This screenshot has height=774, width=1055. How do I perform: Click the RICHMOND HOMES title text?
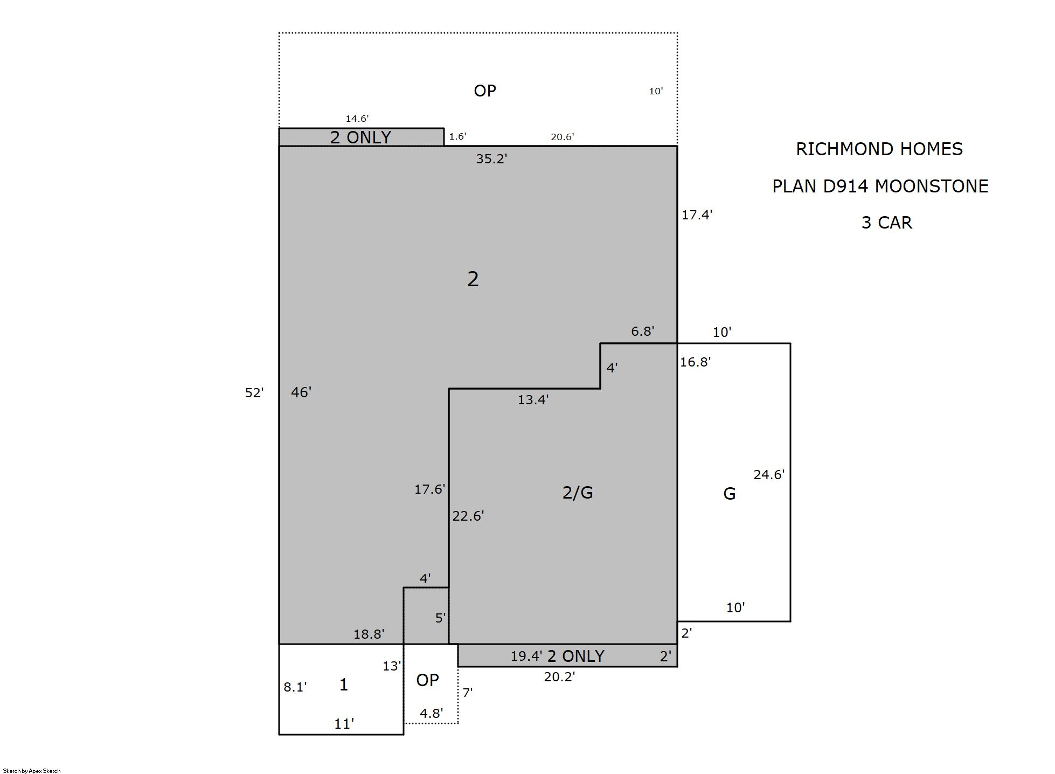[879, 149]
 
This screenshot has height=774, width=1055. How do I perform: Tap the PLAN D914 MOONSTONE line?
[880, 186]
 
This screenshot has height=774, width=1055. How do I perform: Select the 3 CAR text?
[887, 223]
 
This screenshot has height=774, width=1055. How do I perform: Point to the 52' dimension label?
[254, 393]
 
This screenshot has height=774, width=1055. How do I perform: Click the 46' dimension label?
[301, 392]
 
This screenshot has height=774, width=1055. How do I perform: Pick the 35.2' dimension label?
[491, 159]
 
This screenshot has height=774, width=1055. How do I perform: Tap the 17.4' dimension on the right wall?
[697, 215]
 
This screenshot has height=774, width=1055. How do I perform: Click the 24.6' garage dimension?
[769, 475]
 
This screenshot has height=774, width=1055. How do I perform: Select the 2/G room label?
[578, 493]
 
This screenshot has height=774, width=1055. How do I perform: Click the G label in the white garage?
[729, 494]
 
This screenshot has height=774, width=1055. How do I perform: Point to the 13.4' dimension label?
[533, 400]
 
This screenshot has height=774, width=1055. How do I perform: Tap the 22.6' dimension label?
[468, 516]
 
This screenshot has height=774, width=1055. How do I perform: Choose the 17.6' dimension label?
[430, 489]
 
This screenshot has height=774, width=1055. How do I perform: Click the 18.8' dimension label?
[369, 634]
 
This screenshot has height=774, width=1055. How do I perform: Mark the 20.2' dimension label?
[559, 677]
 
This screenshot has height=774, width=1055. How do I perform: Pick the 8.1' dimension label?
[295, 687]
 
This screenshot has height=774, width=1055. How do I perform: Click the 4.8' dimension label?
[432, 714]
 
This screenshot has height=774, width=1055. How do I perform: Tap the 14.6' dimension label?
[357, 119]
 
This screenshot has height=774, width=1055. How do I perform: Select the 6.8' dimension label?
[643, 331]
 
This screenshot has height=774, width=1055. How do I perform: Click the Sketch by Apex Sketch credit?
[32, 771]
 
